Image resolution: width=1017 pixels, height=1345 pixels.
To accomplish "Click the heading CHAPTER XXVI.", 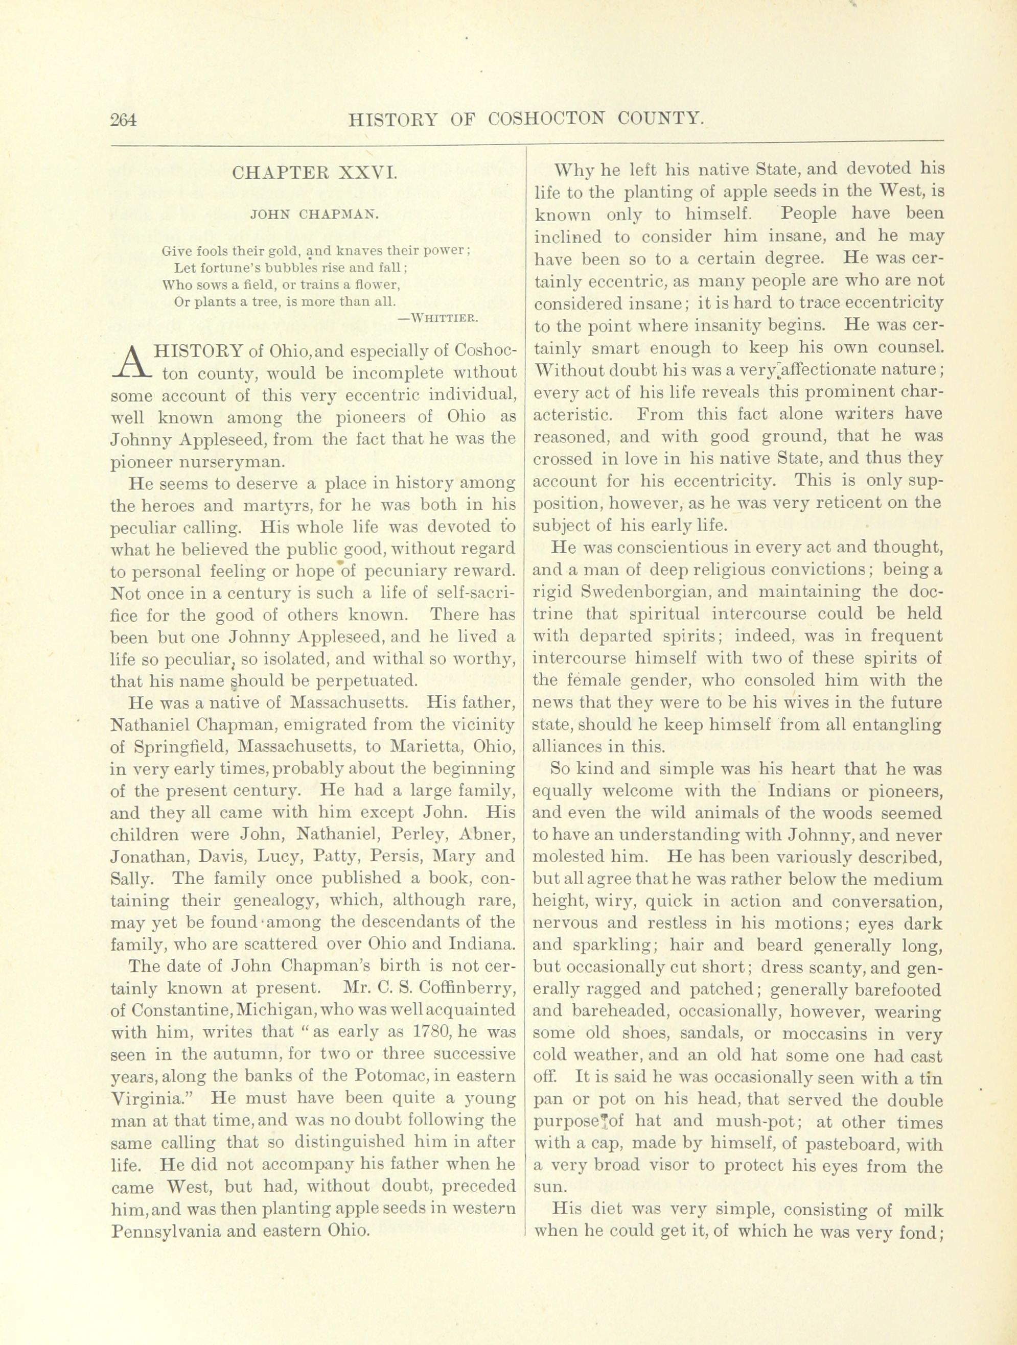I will [314, 173].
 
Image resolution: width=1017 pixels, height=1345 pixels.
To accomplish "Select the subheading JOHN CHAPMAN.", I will [314, 214].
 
